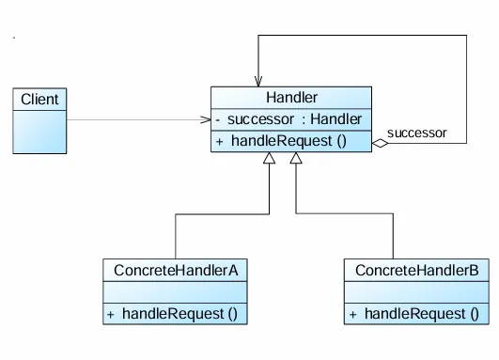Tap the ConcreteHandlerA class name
175,271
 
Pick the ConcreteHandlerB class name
416,271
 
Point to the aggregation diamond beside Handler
379,144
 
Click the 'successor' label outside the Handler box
416,133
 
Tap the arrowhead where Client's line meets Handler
205,120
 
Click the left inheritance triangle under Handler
269,160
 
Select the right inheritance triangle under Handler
297,160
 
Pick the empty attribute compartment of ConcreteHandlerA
175,291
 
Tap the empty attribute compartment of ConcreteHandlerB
416,291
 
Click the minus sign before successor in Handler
218,120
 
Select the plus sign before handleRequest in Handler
219,141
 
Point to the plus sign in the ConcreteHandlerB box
352,313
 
